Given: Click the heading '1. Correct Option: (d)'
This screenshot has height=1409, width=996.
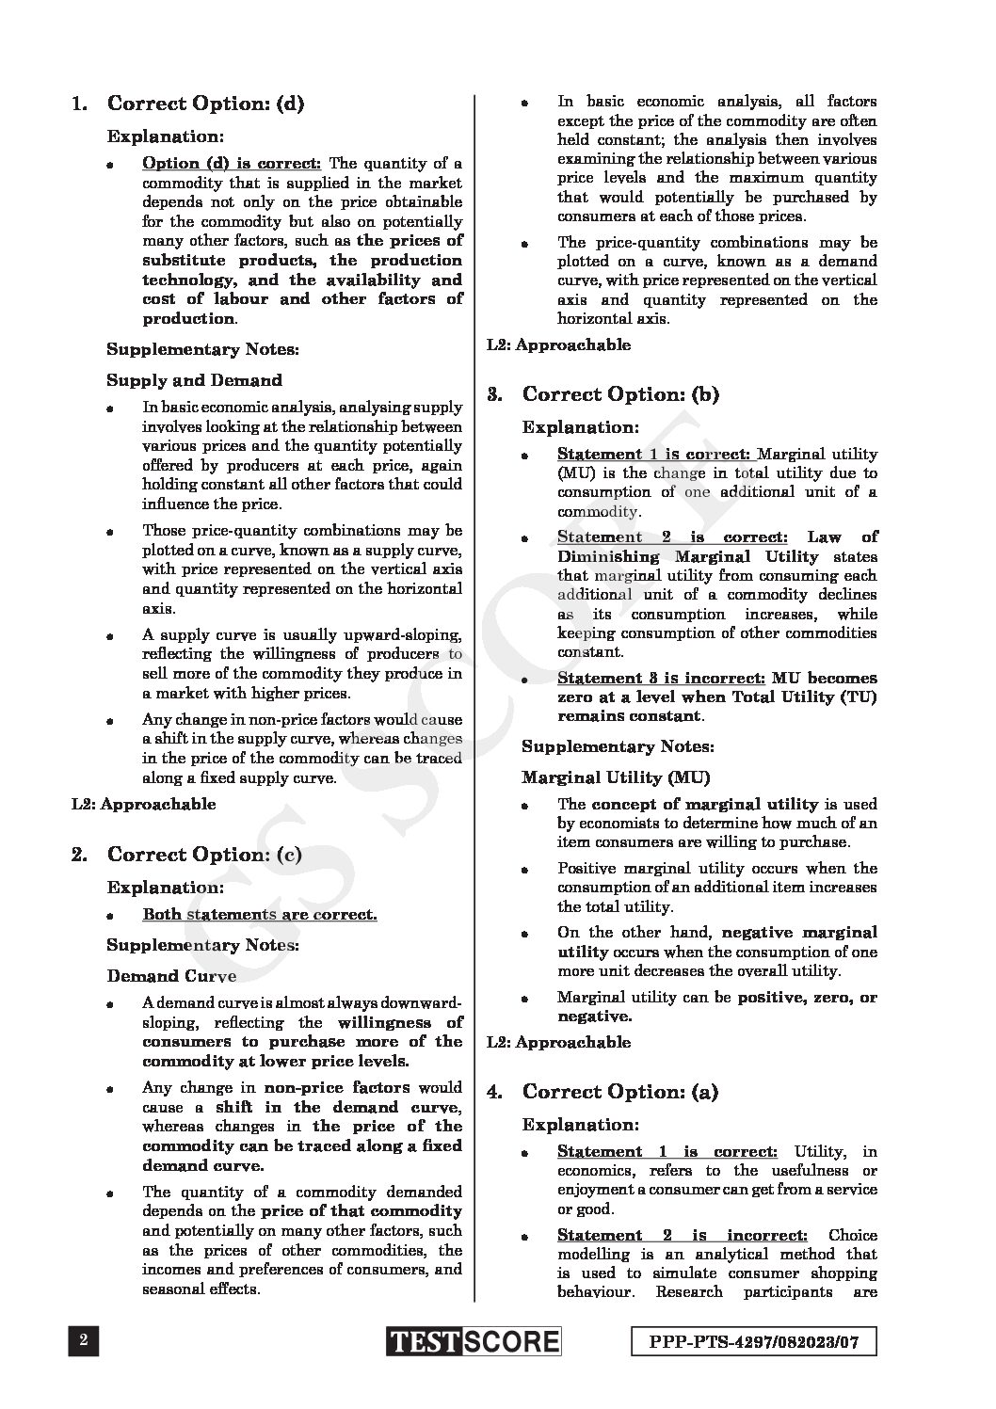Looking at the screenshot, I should click(x=188, y=104).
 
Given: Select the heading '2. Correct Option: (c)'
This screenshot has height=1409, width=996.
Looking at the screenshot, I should click(x=186, y=855).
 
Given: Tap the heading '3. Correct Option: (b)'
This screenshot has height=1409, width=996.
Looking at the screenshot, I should click(x=603, y=394).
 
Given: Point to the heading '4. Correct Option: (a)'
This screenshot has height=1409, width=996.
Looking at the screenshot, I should click(x=602, y=1092).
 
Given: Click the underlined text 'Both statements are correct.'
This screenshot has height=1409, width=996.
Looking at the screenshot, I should click(x=260, y=915).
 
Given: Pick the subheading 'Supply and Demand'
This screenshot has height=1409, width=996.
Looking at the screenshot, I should click(x=194, y=380).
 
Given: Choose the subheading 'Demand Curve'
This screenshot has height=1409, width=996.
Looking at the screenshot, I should click(x=171, y=976).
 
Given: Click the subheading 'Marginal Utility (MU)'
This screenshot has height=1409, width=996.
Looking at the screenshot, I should click(x=616, y=777).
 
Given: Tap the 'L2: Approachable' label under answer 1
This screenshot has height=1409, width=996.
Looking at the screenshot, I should click(x=144, y=804).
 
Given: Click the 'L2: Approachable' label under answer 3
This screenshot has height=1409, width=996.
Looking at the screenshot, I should click(x=559, y=1042).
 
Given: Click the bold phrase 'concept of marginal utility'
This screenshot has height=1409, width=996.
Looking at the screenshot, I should click(x=704, y=804).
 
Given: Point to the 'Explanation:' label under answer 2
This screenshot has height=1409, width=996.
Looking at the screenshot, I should click(x=166, y=888).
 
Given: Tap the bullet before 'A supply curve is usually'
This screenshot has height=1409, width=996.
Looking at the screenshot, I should click(x=110, y=636).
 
